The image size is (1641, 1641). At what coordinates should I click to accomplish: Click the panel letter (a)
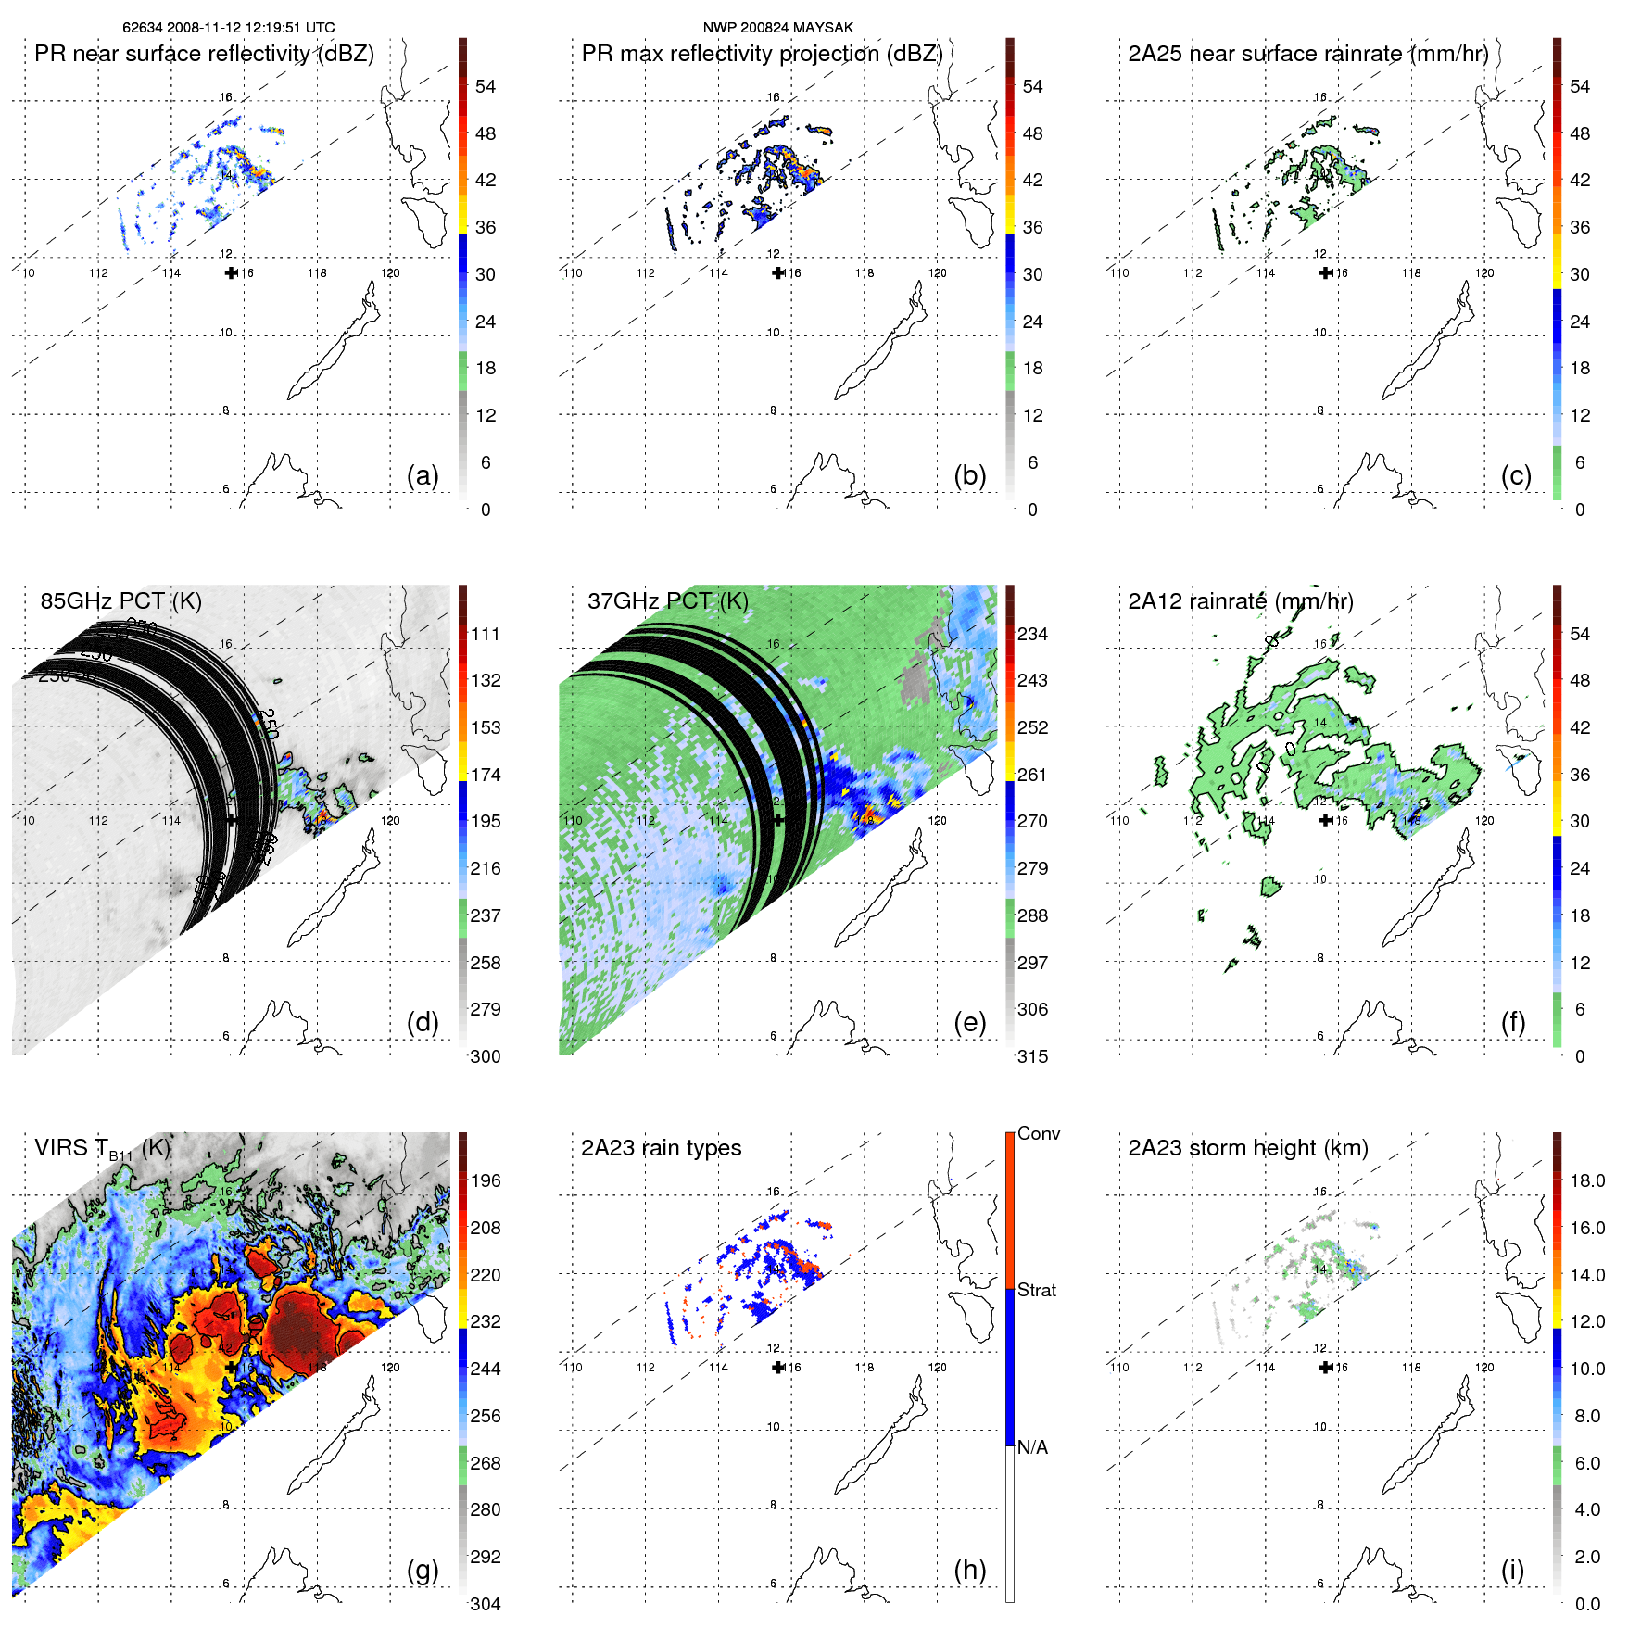point(423,475)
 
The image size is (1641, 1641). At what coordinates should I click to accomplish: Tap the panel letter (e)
point(969,1022)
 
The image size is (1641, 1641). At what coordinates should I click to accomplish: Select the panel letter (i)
point(1512,1570)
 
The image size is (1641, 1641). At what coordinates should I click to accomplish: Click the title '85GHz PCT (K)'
point(120,600)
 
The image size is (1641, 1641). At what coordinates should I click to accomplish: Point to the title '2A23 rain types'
point(661,1148)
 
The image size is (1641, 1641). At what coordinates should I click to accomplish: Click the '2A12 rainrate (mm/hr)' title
point(1241,600)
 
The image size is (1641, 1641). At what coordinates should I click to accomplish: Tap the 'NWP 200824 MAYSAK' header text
point(777,28)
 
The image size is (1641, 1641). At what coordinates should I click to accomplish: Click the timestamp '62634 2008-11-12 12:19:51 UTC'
point(229,28)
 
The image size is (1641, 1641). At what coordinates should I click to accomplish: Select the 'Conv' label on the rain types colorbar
point(1039,1133)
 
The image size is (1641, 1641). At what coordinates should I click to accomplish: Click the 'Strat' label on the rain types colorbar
point(1037,1290)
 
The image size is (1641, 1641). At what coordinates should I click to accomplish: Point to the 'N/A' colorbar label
point(1032,1447)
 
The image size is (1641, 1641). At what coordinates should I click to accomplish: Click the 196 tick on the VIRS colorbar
point(486,1180)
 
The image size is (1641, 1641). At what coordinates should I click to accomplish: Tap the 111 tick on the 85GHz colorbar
point(486,634)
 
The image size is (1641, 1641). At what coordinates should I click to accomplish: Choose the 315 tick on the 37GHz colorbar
point(1032,1056)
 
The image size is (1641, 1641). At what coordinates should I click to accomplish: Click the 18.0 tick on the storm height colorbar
point(1587,1180)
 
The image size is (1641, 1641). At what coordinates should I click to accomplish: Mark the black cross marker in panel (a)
point(231,272)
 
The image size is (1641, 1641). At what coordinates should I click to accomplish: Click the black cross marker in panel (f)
point(1325,820)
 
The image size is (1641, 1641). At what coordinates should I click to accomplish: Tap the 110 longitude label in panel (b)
point(573,272)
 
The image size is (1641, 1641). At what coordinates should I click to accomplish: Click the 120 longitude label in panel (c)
point(1484,272)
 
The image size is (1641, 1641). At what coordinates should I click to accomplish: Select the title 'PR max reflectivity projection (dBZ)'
point(762,54)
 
